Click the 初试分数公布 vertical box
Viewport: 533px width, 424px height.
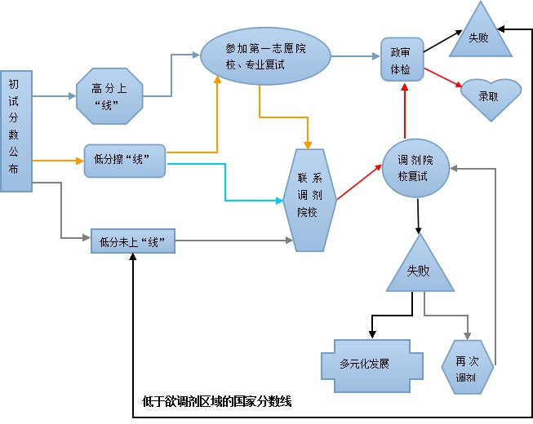[16, 130]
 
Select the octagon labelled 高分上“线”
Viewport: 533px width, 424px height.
[109, 96]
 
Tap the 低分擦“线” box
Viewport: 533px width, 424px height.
[125, 161]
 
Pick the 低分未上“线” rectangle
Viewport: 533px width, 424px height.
[134, 241]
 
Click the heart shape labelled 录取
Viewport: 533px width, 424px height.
[488, 96]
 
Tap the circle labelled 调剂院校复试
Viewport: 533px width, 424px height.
[415, 167]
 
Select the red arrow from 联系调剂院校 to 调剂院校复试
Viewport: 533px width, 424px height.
[359, 182]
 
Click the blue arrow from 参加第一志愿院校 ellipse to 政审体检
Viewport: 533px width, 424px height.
[355, 56]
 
